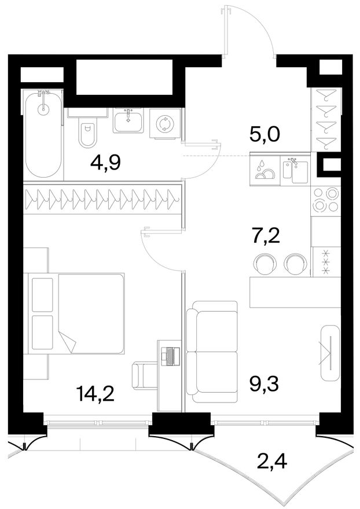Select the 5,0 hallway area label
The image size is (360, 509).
(x=265, y=134)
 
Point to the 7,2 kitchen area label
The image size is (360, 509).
(x=266, y=237)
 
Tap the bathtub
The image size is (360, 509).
(x=43, y=134)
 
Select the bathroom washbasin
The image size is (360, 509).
(x=128, y=120)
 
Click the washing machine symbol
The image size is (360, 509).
(x=165, y=124)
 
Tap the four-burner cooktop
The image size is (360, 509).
(x=326, y=201)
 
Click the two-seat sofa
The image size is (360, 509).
(x=212, y=352)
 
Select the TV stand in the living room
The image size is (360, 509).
(x=330, y=352)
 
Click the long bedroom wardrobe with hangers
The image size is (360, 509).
(x=102, y=200)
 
